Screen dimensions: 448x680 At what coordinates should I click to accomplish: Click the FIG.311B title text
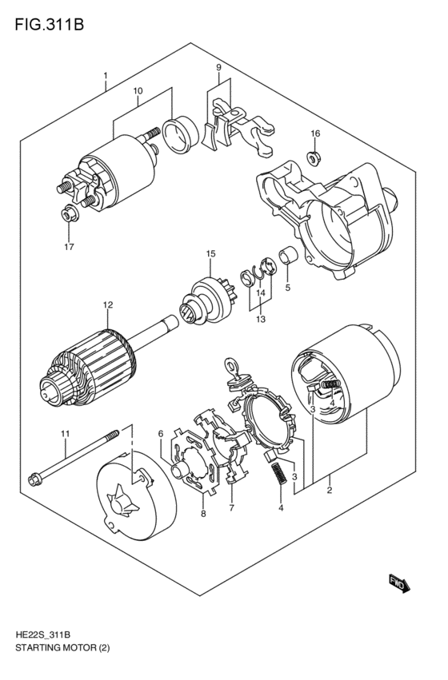tap(49, 24)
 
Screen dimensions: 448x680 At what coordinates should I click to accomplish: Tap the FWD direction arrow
tap(398, 583)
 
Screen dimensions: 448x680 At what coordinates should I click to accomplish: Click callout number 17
tap(69, 247)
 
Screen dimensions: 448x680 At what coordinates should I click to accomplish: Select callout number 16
tap(315, 133)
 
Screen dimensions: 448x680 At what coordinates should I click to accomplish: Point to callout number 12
tap(108, 305)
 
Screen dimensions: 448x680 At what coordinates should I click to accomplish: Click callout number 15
tap(211, 253)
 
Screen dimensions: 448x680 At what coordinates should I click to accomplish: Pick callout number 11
tap(65, 433)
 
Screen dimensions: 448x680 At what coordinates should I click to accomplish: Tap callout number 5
tap(287, 288)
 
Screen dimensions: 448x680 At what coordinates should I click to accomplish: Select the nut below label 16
tap(314, 157)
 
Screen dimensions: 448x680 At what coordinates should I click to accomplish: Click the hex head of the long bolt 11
tap(34, 480)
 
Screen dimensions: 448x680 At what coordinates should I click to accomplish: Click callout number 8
tap(203, 514)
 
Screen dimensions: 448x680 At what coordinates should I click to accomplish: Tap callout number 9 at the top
tap(218, 67)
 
